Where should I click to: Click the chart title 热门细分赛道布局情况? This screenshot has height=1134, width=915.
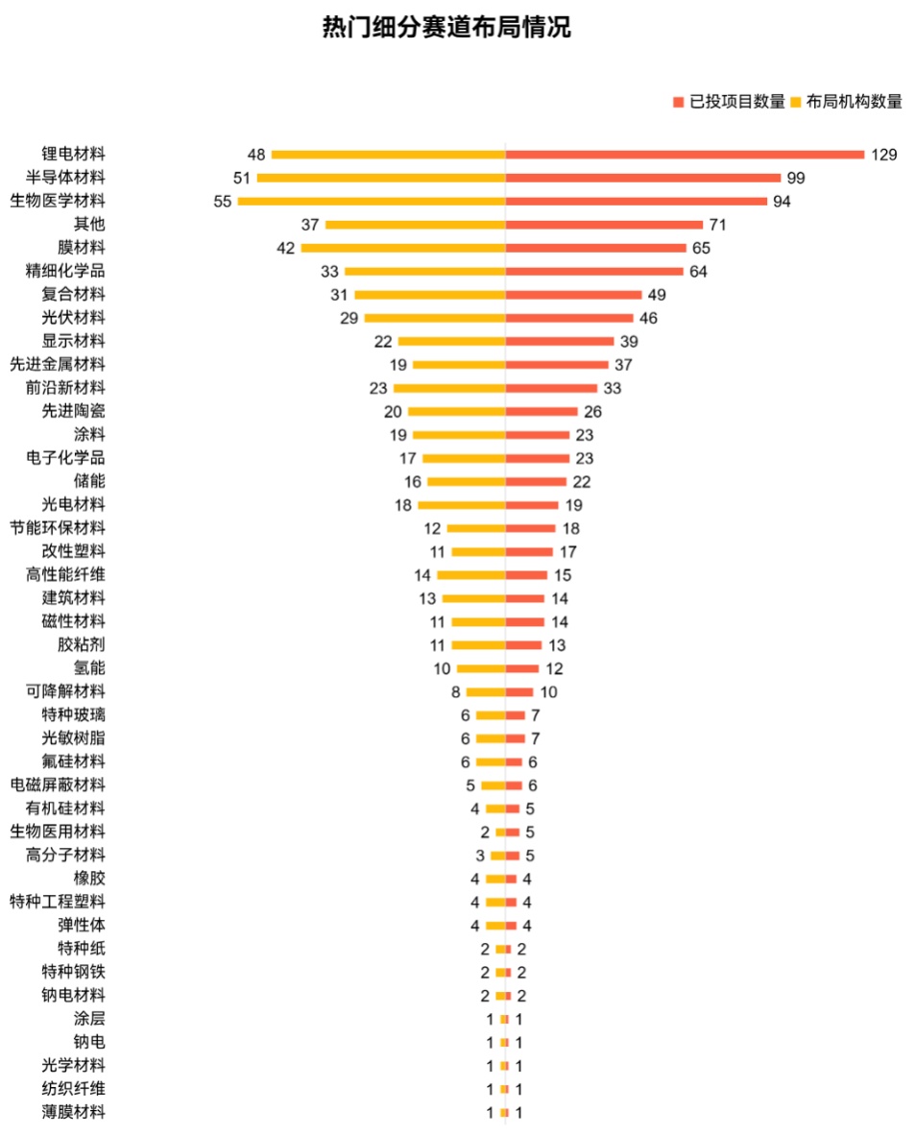[x=445, y=29]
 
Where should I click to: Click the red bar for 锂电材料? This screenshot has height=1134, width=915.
[x=685, y=155]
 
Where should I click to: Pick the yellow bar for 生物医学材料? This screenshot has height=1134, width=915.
[x=372, y=201]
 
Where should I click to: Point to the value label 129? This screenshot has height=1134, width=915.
[x=883, y=155]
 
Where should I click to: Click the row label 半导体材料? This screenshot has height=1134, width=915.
[x=65, y=178]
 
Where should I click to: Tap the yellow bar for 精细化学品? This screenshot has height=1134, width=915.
[x=425, y=271]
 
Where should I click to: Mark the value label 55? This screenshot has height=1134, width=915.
[x=223, y=201]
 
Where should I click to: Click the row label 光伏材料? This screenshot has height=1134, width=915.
[x=73, y=318]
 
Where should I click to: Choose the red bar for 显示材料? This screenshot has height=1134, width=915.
[x=560, y=341]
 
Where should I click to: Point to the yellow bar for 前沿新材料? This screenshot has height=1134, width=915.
[x=449, y=388]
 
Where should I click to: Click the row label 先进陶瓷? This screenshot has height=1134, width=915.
[x=73, y=411]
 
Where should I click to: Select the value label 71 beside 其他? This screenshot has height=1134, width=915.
[x=717, y=225]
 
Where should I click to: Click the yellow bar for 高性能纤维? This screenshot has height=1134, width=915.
[x=471, y=575]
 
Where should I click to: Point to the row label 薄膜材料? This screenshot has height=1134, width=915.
[x=73, y=1112]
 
